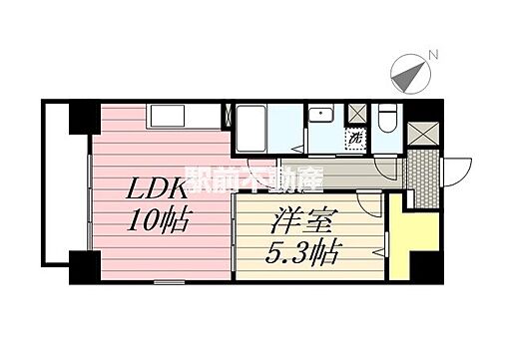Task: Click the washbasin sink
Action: tap(321, 117)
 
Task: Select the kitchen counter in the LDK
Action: tap(185, 118)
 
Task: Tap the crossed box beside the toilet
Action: tap(357, 113)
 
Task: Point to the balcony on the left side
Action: tap(57, 189)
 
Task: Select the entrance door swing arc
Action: tap(455, 170)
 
